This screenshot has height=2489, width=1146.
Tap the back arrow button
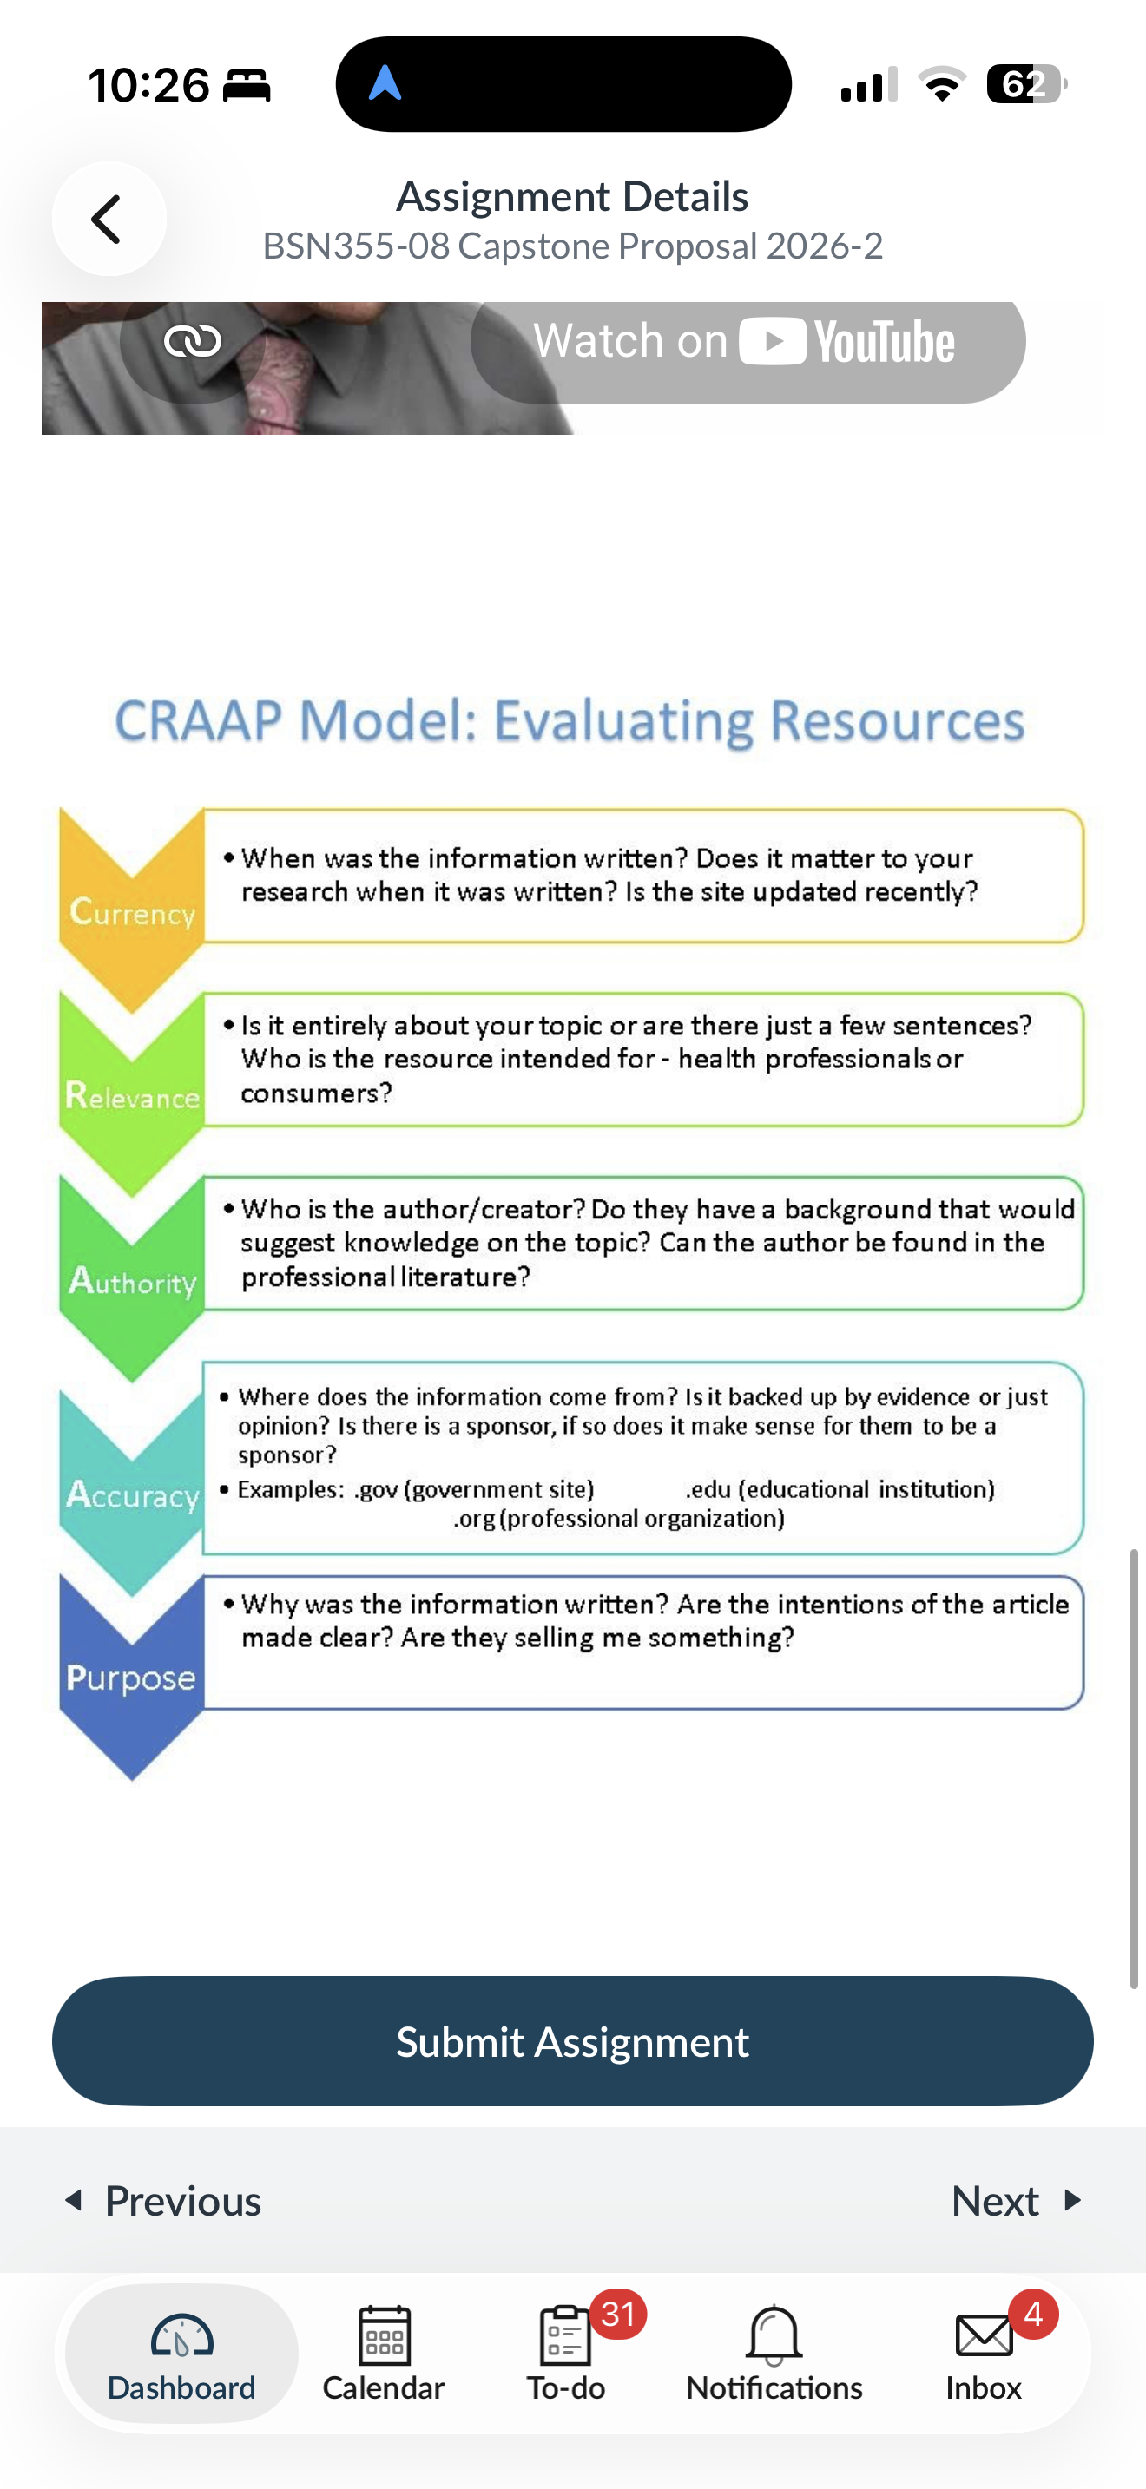pos(109,220)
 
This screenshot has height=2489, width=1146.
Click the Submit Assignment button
pos(573,2040)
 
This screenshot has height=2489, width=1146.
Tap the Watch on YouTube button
pos(747,342)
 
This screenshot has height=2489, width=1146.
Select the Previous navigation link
pos(162,2200)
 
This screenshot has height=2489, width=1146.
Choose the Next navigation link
pos(1017,2200)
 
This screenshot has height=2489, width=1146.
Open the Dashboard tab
pos(181,2354)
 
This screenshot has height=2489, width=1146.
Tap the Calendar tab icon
pos(385,2335)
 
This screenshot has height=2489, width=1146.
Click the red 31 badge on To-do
pos(618,2314)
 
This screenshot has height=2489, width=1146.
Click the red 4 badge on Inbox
pos(1033,2314)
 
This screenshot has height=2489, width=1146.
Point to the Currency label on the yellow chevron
pos(132,912)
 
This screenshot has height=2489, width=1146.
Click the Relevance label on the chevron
pos(132,1096)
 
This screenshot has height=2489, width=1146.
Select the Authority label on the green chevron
pos(132,1281)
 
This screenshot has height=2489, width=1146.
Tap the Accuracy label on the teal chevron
pos(132,1494)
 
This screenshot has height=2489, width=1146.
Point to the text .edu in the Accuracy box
pos(708,1489)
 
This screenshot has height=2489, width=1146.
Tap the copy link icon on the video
pos(192,341)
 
